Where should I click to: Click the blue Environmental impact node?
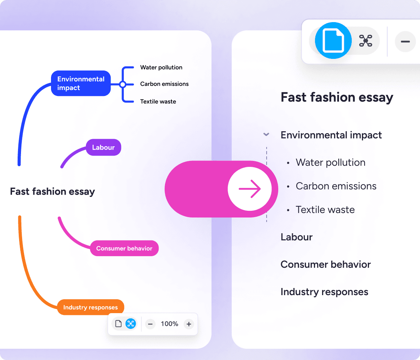[81, 83]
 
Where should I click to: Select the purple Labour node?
[103, 147]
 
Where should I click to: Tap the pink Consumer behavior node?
[124, 248]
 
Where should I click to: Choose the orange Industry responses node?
[90, 307]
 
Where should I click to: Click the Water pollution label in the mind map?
[161, 67]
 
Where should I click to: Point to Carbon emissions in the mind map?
[165, 84]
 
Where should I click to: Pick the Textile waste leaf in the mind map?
[158, 102]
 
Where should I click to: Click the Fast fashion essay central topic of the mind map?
[52, 192]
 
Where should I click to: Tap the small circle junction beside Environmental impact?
[123, 85]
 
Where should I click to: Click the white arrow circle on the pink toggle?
[250, 189]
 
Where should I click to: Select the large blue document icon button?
[333, 40]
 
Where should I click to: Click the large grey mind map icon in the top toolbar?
[366, 41]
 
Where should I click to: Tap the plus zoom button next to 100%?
[189, 324]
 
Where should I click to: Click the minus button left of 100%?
[150, 324]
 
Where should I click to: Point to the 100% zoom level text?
[169, 324]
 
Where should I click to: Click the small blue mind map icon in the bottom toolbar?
[131, 324]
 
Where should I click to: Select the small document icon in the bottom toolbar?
[118, 324]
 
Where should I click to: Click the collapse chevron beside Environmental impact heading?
[266, 134]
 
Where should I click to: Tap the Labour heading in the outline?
[297, 237]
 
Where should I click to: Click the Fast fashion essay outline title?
[337, 97]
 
